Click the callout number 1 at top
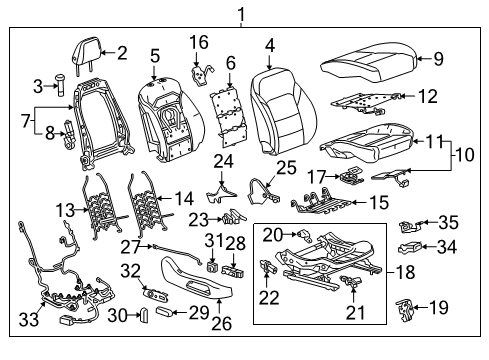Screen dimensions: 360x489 click(240, 13)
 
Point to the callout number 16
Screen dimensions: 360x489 click(200, 42)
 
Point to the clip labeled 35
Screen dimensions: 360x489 click(411, 224)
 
